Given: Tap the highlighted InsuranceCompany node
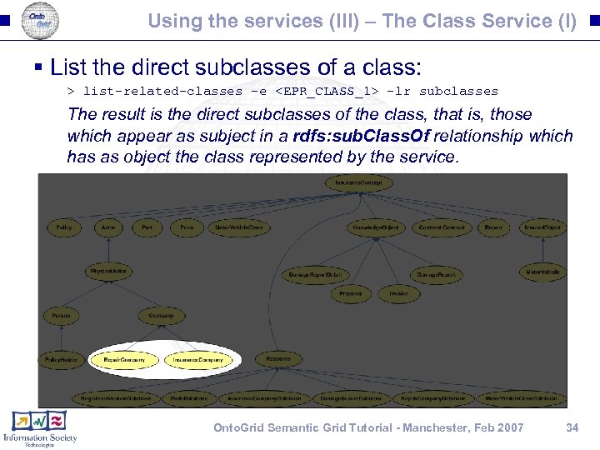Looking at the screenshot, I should pyautogui.click(x=199, y=360).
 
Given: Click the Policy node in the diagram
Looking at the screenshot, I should pyautogui.click(x=63, y=227).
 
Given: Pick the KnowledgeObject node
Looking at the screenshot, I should pyautogui.click(x=375, y=227).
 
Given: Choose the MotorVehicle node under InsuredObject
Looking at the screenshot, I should pyautogui.click(x=542, y=272).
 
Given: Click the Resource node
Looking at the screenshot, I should pyautogui.click(x=278, y=359).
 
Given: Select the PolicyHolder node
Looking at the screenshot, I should pyautogui.click(x=61, y=360).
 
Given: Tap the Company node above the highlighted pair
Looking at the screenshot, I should pyautogui.click(x=161, y=316).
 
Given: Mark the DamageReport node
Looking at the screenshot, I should pyautogui.click(x=435, y=274).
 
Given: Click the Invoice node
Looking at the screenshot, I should pyautogui.click(x=398, y=293).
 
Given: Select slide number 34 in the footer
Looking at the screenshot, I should pyautogui.click(x=572, y=427).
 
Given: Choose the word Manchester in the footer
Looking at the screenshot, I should pyautogui.click(x=421, y=427).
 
